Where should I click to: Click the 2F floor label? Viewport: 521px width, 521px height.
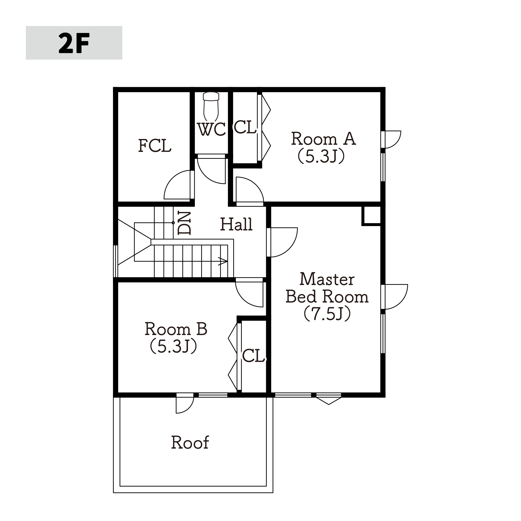tap(74, 43)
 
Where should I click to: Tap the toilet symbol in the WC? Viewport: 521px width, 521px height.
tap(211, 107)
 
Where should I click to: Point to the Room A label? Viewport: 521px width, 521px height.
tap(323, 139)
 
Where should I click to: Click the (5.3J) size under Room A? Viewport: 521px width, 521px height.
tap(321, 157)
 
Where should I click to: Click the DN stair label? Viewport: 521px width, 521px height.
tap(184, 223)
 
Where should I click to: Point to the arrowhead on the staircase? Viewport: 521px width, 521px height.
tap(223, 261)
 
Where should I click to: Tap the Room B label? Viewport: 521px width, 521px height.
tap(176, 329)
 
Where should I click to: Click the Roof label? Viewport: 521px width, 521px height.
tap(190, 442)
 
